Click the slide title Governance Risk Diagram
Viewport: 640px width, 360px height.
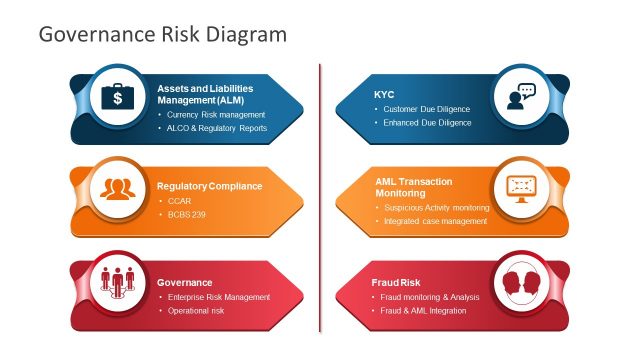162,34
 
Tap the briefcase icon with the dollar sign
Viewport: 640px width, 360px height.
118,97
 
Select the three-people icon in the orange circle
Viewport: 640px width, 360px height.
118,189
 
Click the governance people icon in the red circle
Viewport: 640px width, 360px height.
118,282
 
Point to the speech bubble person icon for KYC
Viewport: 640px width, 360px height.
521,97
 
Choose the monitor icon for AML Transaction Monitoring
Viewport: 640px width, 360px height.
521,189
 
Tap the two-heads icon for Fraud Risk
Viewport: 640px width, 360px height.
521,282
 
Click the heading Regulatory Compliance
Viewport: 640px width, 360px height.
209,185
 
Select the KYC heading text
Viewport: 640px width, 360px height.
384,94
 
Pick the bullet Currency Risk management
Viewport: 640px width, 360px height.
215,114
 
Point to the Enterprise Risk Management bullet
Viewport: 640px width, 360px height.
218,297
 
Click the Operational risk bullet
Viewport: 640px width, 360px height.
195,311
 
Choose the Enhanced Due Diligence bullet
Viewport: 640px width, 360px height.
427,123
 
